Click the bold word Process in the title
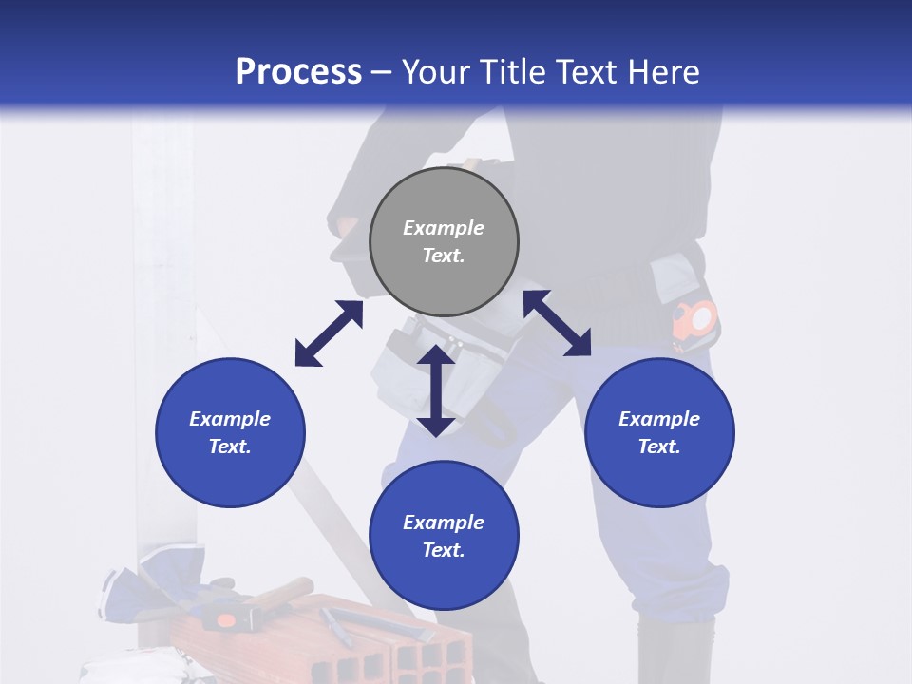coord(298,72)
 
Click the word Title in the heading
coord(508,72)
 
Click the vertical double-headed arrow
coord(436,390)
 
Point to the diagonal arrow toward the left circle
coord(329,333)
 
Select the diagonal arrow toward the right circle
coord(557,323)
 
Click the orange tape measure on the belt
coord(696,319)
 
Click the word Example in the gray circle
coord(444,228)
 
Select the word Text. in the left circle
coord(230,446)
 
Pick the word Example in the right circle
coord(659,419)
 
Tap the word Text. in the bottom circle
coord(444,550)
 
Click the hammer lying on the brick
coord(256,604)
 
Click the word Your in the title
coord(435,72)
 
